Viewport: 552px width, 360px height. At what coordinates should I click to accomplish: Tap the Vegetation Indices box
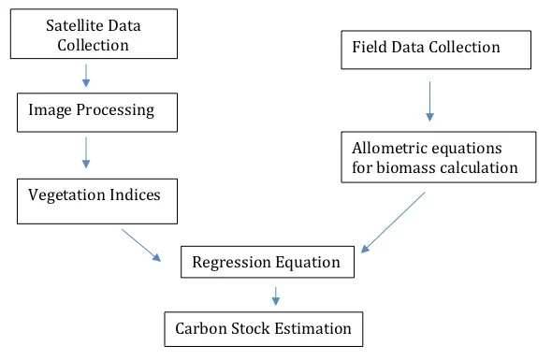(97, 200)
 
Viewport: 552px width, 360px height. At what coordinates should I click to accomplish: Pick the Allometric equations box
(438, 158)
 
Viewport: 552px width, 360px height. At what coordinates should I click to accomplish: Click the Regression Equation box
(267, 262)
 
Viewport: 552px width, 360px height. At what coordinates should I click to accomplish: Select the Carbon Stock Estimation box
(263, 329)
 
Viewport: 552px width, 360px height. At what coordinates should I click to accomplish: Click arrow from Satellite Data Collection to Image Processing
(86, 76)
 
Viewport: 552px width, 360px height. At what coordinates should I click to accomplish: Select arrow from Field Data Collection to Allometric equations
(429, 101)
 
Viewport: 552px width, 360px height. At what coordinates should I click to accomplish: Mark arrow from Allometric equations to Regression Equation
(394, 222)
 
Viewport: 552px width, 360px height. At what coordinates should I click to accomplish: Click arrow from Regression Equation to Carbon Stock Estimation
(276, 295)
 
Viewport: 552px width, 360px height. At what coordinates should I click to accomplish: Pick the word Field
(368, 47)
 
